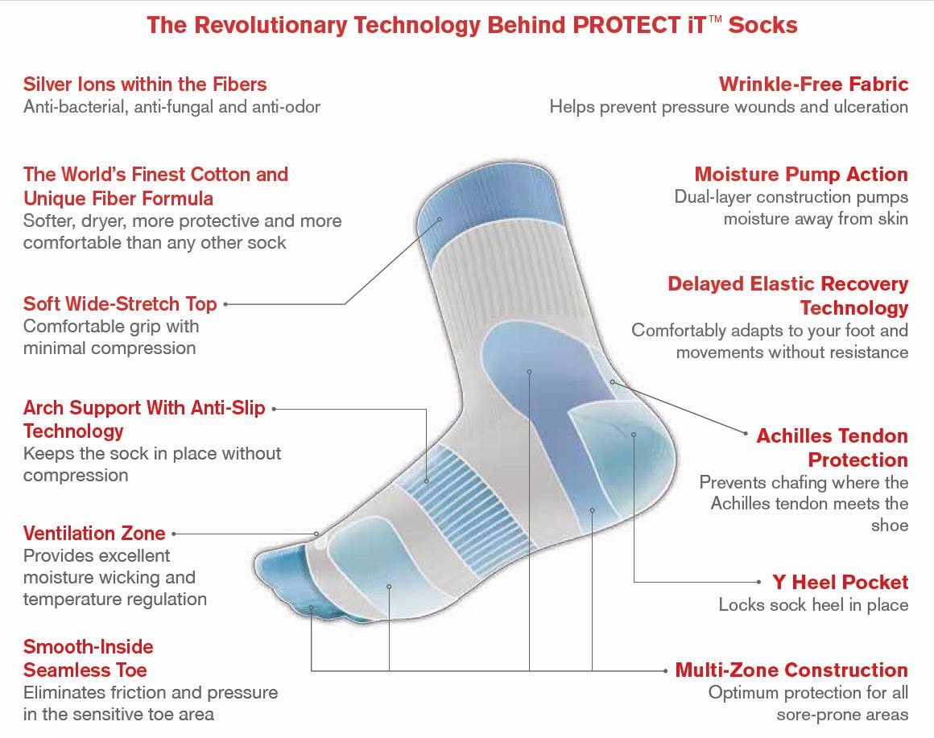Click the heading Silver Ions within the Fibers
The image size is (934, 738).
(145, 85)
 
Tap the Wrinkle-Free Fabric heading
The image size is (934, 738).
(813, 85)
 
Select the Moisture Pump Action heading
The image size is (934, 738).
(801, 175)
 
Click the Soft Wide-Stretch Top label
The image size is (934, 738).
(120, 304)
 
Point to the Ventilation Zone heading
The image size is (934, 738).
(94, 533)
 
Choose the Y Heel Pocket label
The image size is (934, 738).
(840, 582)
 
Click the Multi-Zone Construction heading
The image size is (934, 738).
(791, 670)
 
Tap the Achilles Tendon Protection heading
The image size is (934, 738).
(832, 448)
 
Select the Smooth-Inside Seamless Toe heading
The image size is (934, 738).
(88, 658)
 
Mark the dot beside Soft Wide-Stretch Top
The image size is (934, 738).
(225, 304)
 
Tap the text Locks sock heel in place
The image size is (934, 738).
(813, 605)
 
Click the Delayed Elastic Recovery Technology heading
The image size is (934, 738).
(787, 296)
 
